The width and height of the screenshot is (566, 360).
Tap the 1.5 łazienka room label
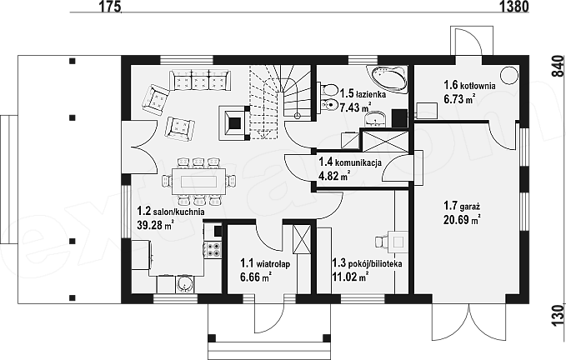(363, 94)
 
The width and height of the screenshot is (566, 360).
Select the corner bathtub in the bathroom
(388, 79)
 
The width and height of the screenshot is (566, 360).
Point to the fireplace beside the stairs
(234, 123)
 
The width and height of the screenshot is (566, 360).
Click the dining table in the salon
(199, 180)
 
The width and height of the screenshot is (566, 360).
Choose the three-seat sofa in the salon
(199, 80)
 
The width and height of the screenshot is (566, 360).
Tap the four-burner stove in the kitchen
(213, 250)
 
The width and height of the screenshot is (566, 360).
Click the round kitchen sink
(184, 285)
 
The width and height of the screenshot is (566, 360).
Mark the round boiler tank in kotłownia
(509, 76)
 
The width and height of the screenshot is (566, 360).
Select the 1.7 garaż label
(461, 207)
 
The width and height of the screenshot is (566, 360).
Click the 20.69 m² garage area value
(462, 219)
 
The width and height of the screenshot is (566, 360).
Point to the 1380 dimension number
(514, 6)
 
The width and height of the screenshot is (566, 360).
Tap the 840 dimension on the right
(558, 67)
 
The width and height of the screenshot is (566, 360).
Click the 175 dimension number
(108, 6)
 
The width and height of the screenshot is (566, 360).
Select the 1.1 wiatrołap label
(265, 264)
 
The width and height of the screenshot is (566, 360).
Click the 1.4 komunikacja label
(350, 162)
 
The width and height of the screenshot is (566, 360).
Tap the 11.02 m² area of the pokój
(350, 277)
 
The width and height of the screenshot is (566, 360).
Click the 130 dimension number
(558, 315)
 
